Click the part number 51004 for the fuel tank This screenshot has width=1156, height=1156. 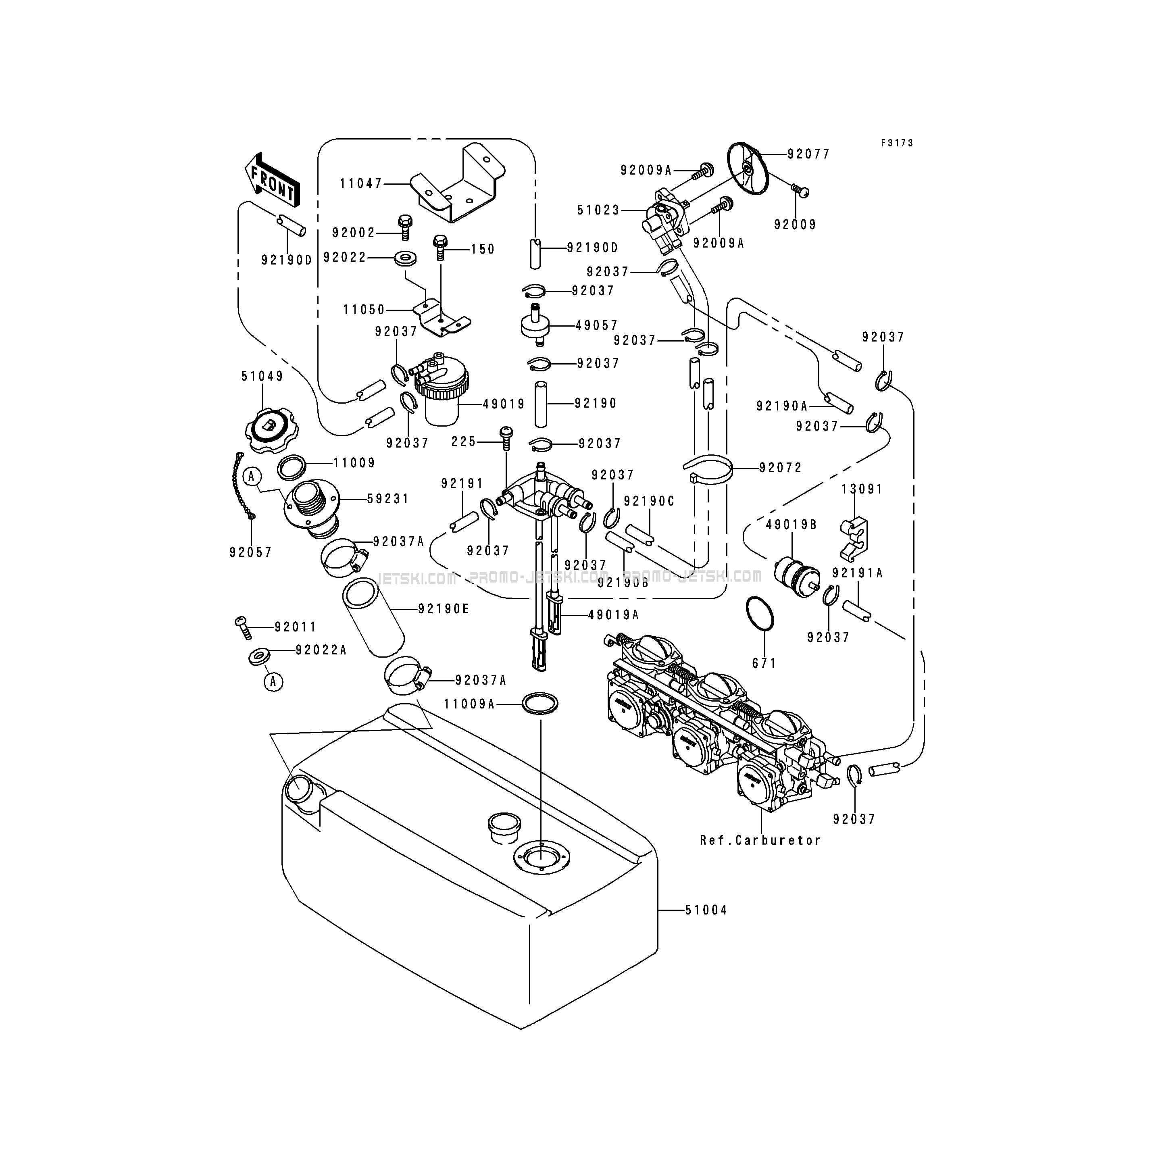pos(706,910)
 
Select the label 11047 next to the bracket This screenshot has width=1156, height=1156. pos(361,184)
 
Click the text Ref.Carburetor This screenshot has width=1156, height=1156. pos(760,840)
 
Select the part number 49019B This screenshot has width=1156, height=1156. pos(791,525)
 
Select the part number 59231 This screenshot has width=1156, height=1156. pos(388,498)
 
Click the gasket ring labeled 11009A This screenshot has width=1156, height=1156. pos(540,704)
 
